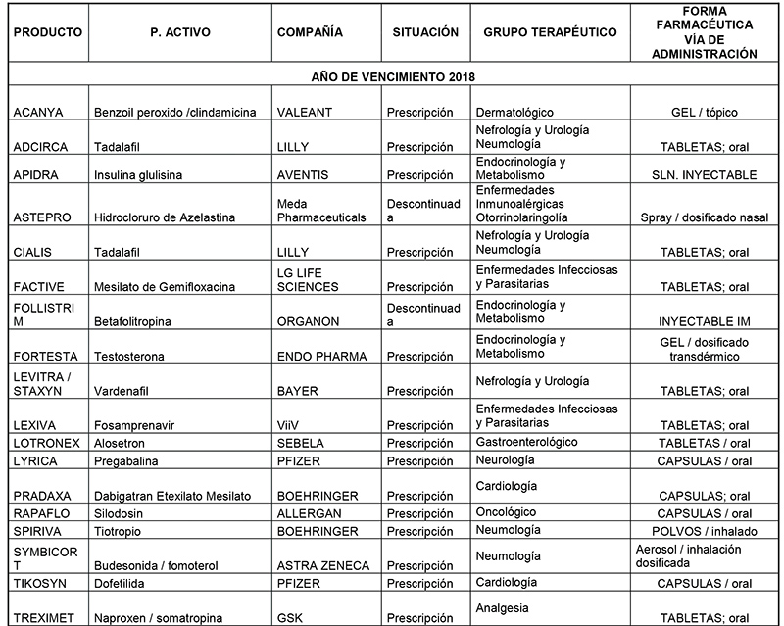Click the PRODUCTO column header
click(47, 32)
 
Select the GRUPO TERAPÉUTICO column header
click(550, 32)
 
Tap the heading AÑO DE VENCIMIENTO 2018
click(391, 76)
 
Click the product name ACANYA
click(37, 113)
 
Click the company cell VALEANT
click(306, 113)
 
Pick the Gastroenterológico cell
click(528, 443)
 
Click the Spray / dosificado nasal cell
click(705, 217)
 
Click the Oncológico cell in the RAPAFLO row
click(513, 512)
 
